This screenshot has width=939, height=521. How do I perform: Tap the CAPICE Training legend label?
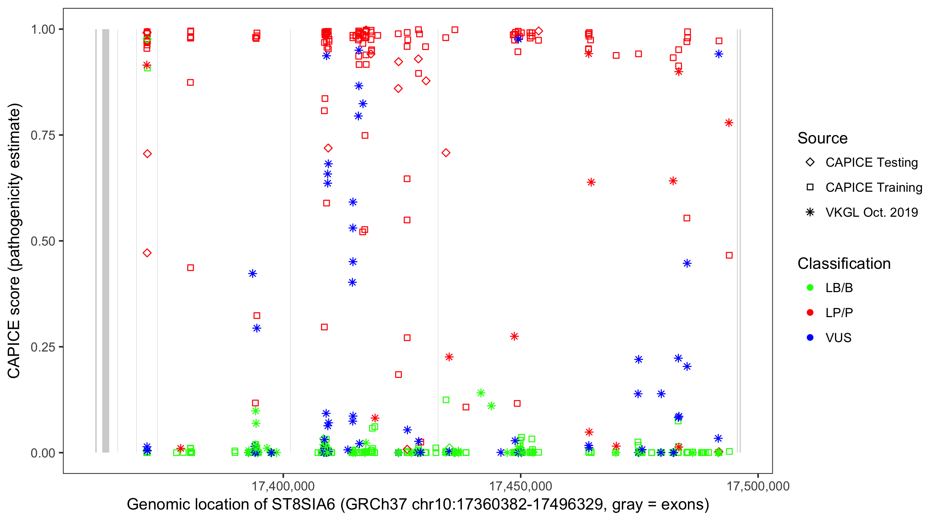873,188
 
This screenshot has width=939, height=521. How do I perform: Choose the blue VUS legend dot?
810,338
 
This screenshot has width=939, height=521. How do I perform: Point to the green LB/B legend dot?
810,288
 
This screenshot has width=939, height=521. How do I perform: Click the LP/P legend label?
839,313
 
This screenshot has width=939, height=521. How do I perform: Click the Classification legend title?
843,263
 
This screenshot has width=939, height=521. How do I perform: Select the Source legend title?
822,138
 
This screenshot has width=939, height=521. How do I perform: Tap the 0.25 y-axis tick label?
43,347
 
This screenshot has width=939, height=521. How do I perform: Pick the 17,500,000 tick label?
758,486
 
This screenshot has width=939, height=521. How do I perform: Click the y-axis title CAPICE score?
15,241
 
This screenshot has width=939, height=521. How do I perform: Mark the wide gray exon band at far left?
106,241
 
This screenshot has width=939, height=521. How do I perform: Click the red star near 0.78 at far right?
729,123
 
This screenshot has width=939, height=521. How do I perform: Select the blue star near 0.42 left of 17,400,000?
252,274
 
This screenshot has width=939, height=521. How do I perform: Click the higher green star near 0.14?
481,393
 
